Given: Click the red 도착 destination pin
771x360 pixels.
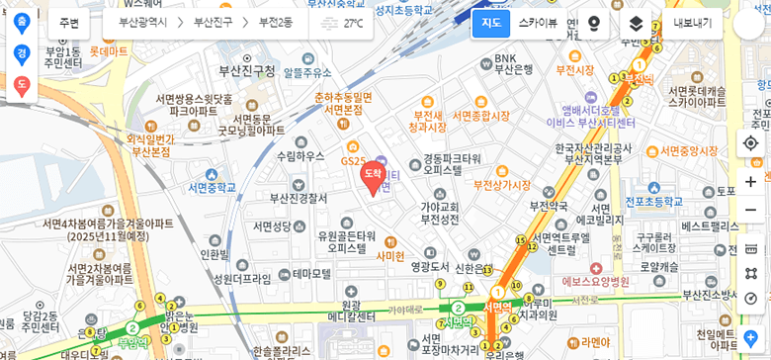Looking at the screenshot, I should (x=372, y=176).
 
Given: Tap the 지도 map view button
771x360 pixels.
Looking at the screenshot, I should (x=490, y=23).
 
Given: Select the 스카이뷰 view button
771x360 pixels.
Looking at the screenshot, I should (x=538, y=23).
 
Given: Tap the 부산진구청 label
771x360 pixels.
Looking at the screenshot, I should (x=246, y=71).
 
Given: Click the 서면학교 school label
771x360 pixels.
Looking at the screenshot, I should (x=213, y=187).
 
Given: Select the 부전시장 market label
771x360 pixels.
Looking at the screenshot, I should (x=574, y=70).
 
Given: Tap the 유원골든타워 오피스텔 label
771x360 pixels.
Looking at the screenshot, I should (x=346, y=241).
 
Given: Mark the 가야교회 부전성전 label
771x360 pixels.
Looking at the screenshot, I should (x=440, y=213).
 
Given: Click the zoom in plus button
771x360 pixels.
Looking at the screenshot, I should (x=750, y=182).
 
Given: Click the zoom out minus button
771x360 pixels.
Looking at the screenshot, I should (x=750, y=210).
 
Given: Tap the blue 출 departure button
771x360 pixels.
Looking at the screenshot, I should (x=22, y=22).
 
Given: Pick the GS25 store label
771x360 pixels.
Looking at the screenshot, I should (x=353, y=160).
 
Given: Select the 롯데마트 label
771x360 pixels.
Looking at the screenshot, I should (x=108, y=50).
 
